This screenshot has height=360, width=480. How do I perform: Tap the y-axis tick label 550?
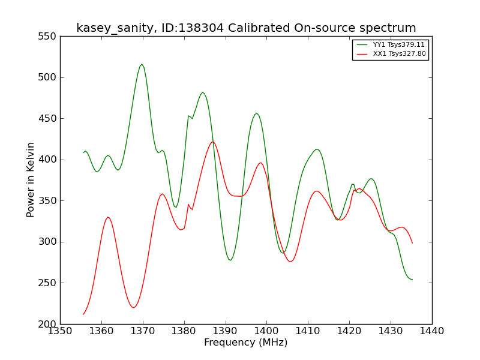[47, 37]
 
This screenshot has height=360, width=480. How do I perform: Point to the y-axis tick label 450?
[47, 118]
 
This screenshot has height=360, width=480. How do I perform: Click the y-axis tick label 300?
[47, 242]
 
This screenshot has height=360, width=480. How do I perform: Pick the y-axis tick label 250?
[47, 283]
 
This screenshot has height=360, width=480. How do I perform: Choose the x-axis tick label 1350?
[60, 331]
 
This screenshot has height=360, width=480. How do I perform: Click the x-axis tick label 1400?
[266, 331]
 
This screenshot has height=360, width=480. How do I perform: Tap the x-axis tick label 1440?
[432, 331]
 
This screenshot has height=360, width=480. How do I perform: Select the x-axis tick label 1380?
[184, 331]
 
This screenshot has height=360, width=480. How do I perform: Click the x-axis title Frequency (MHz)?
[246, 342]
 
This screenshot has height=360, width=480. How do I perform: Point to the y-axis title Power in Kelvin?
[31, 180]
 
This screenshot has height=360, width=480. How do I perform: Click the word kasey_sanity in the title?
[116, 28]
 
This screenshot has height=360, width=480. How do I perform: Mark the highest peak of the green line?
[142, 64]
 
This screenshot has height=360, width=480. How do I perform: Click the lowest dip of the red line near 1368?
[133, 308]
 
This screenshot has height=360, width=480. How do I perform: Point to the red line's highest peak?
[213, 142]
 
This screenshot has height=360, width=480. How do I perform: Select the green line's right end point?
[412, 280]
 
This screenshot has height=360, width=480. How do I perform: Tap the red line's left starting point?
[83, 314]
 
